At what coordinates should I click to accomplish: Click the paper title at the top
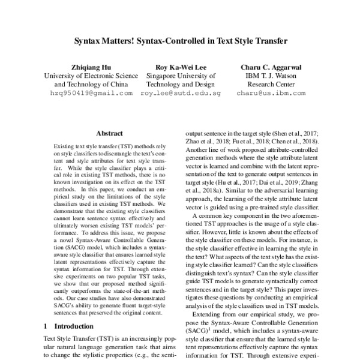point(180,42)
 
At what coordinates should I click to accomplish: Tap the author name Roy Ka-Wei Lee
point(181,67)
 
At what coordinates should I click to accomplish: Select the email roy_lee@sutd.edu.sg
point(181,94)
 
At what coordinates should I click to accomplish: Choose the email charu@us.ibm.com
point(271,94)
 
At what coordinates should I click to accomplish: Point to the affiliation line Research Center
point(271,85)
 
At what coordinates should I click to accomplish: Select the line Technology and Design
point(181,85)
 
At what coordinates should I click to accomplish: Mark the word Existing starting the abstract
point(65,146)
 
